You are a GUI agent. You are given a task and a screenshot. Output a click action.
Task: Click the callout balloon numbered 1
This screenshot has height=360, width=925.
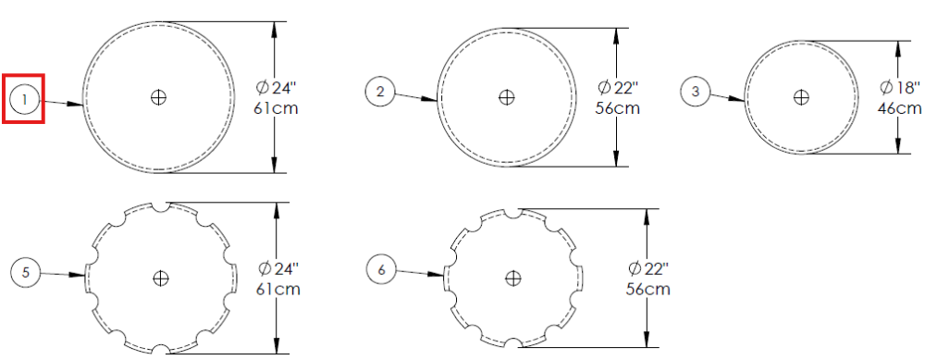pos(24,99)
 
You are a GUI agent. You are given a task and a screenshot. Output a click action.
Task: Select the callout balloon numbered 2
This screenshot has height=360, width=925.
pos(380,92)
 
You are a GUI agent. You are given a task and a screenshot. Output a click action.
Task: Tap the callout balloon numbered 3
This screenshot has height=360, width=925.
pos(697,92)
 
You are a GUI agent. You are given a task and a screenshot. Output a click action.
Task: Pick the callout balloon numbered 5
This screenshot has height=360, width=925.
pos(25,272)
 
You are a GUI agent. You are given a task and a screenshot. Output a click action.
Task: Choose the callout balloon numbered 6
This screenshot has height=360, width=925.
pos(381,269)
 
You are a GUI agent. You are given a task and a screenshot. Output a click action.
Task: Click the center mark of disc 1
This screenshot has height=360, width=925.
pos(158,97)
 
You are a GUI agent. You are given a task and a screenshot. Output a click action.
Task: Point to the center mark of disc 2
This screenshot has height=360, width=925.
pos(506,97)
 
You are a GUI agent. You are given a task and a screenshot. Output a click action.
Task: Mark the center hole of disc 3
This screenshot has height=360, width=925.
pos(801,97)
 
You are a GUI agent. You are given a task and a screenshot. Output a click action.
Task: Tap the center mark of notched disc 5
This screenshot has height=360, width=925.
pos(160,278)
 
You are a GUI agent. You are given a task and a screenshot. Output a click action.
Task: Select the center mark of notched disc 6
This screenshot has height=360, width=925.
pos(513,278)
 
